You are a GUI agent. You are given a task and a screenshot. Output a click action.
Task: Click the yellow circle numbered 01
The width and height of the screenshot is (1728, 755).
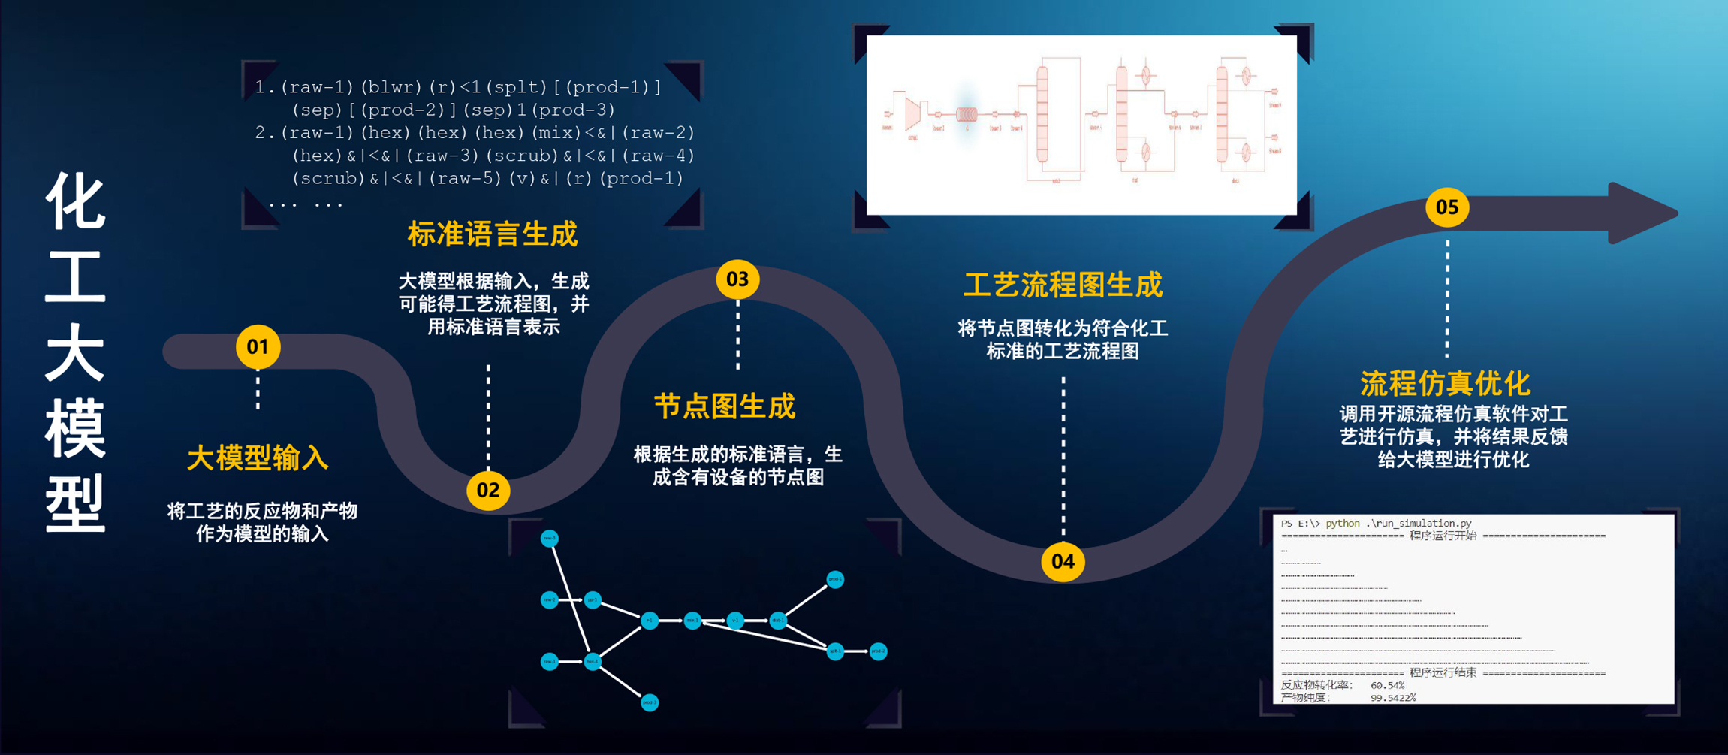click(x=258, y=347)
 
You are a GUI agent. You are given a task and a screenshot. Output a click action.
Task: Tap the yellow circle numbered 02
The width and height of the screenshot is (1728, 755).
click(x=488, y=491)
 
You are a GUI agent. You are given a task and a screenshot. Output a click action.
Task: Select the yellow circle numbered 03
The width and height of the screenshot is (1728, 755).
click(x=737, y=279)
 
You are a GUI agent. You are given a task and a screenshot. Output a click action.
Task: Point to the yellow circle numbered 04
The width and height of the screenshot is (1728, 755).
click(x=1063, y=561)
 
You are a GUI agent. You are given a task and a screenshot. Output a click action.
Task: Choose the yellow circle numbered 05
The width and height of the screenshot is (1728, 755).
click(x=1447, y=207)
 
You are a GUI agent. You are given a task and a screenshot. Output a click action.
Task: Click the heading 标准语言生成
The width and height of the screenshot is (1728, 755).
click(x=493, y=234)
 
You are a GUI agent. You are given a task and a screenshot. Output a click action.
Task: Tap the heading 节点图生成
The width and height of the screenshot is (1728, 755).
click(x=724, y=406)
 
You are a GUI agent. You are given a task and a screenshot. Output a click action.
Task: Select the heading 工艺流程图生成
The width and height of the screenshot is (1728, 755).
click(x=1063, y=285)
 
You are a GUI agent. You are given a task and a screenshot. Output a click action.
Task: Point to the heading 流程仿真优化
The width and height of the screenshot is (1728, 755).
click(x=1445, y=383)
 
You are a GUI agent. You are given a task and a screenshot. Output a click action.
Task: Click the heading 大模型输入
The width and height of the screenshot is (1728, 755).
click(x=258, y=458)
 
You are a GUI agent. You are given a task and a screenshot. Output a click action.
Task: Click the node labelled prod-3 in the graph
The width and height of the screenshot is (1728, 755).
click(x=650, y=703)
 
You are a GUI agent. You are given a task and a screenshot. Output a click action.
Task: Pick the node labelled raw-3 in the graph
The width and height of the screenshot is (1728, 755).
click(x=550, y=538)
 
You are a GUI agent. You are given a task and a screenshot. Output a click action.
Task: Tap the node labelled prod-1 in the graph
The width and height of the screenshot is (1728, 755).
click(x=835, y=579)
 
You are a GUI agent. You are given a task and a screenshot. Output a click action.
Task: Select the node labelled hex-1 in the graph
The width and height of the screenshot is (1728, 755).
click(x=593, y=661)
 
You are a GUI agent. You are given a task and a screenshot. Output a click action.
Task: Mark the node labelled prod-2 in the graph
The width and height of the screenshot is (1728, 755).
click(x=878, y=651)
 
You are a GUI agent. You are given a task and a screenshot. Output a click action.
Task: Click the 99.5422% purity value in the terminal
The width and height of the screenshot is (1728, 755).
click(x=1393, y=698)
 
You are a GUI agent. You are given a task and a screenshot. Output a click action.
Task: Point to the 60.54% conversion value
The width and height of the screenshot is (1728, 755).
click(x=1387, y=685)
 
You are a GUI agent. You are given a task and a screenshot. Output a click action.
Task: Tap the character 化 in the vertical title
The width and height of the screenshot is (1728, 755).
click(x=75, y=201)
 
